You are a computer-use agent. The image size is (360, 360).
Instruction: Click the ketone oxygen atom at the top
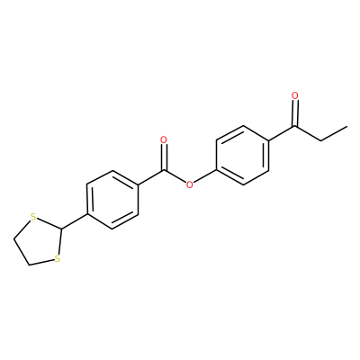click(x=295, y=95)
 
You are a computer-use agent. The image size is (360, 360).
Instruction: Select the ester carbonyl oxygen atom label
click(x=164, y=140)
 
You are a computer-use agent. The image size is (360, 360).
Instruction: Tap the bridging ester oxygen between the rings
click(x=189, y=184)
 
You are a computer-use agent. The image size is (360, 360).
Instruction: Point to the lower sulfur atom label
click(x=58, y=258)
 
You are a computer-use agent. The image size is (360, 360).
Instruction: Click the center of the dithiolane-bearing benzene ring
click(x=112, y=200)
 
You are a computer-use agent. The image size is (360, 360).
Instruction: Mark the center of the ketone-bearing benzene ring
click(x=242, y=156)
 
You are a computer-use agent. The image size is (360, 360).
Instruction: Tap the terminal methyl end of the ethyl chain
click(x=347, y=126)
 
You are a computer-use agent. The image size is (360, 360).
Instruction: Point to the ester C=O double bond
click(x=164, y=157)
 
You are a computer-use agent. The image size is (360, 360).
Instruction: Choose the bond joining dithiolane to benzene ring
click(x=74, y=222)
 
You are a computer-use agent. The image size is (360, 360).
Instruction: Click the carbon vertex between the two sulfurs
click(x=61, y=229)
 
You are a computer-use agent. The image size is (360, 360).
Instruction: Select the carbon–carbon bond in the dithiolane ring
click(x=21, y=252)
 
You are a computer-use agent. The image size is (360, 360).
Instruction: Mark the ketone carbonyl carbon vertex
click(x=295, y=126)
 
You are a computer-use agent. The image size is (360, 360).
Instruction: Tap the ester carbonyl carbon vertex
click(x=164, y=171)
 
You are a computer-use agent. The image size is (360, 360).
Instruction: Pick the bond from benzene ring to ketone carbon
click(x=282, y=133)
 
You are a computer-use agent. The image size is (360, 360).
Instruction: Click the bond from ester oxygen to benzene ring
click(x=205, y=176)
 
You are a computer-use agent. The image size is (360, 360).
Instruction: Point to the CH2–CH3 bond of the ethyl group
click(x=334, y=134)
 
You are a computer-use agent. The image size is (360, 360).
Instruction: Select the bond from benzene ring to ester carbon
click(x=151, y=178)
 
